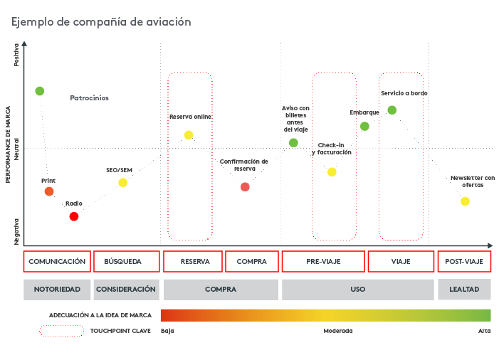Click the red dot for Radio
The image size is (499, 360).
point(74,216)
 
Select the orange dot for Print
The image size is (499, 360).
point(49,191)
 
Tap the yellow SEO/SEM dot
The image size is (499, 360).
point(123,183)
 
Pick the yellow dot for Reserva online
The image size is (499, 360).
point(189,135)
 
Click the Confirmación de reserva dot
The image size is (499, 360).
point(245,187)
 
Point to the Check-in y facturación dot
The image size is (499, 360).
point(332,172)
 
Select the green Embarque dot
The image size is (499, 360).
point(364,127)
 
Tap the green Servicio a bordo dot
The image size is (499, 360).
point(392,110)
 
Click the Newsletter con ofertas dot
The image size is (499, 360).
point(465,201)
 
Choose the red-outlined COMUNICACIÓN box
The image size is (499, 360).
point(57,262)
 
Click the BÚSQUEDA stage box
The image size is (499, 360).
point(126,262)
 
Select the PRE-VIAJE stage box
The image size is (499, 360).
point(323,262)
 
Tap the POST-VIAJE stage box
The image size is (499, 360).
point(463,262)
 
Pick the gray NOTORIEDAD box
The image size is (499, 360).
point(57,290)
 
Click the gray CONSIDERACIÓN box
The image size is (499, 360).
point(126,290)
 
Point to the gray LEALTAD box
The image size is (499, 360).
point(463,290)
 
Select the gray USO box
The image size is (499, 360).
point(357,290)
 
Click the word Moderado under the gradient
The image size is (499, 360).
point(337,331)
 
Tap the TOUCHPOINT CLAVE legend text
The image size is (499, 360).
point(120,331)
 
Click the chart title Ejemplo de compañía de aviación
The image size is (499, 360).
point(101,22)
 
